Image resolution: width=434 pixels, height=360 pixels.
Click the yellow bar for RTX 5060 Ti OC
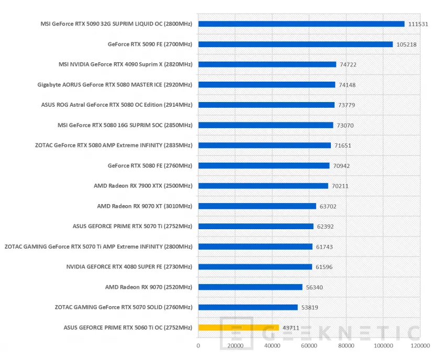(x=238, y=328)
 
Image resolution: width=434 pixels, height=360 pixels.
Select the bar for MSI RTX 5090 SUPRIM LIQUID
(x=301, y=24)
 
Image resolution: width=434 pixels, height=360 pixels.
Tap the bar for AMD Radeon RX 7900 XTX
(x=263, y=186)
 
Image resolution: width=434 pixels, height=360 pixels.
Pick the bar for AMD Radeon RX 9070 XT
(x=257, y=206)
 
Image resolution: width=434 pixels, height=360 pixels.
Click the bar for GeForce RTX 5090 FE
(x=295, y=44)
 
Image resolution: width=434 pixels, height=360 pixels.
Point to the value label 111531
(x=418, y=24)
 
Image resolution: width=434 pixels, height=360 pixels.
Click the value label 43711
(x=291, y=328)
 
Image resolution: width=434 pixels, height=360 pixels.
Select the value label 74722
(x=348, y=64)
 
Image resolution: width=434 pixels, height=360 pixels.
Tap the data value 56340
(x=315, y=287)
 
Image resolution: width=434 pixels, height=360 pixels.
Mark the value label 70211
(x=340, y=186)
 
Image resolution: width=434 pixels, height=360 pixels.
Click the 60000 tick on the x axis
(x=309, y=346)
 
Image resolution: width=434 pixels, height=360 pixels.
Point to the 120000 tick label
(x=420, y=346)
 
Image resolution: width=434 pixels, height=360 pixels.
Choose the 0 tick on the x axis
(x=198, y=346)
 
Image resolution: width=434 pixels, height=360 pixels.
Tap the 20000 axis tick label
(x=235, y=346)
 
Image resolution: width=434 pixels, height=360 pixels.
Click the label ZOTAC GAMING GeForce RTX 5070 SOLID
(x=124, y=307)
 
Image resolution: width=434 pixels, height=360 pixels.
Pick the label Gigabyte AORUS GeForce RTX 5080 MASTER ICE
(x=115, y=85)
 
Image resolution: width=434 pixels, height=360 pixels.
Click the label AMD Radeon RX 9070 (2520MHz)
(x=149, y=287)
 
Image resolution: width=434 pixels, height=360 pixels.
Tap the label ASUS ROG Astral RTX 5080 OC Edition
(x=117, y=105)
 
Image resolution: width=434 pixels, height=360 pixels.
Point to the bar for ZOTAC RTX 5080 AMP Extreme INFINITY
(x=264, y=145)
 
